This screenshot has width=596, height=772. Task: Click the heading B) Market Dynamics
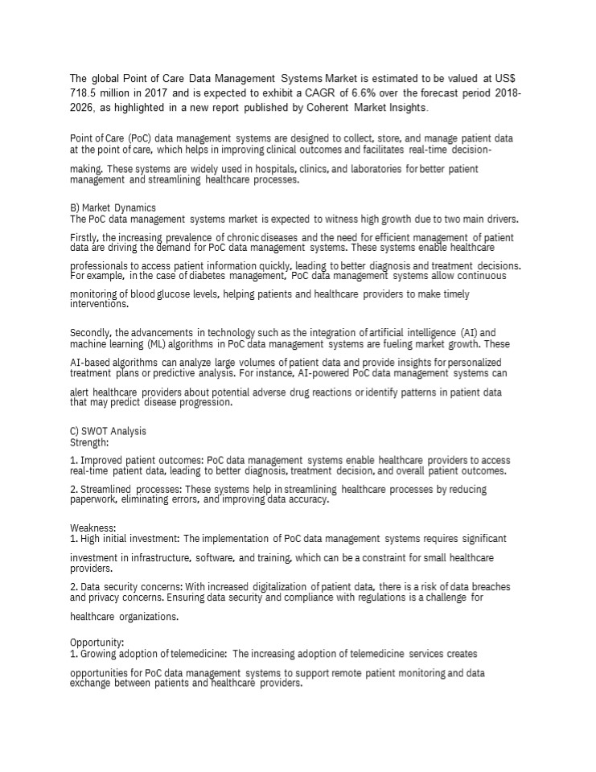pos(113,207)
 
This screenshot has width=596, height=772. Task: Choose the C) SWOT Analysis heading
pos(109,431)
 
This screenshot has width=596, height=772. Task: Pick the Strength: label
pos(88,441)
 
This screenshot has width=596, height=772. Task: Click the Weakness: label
pos(94,528)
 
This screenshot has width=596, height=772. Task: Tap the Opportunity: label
pos(97,643)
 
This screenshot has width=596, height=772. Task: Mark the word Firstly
pos(85,238)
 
